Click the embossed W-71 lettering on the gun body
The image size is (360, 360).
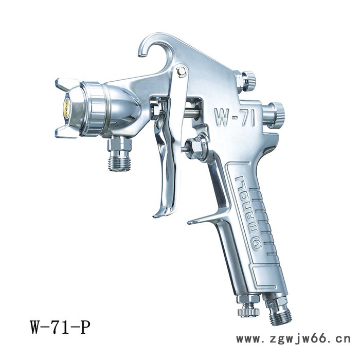click(x=235, y=118)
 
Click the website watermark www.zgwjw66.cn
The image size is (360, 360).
click(x=294, y=339)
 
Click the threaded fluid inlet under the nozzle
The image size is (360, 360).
click(x=120, y=162)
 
